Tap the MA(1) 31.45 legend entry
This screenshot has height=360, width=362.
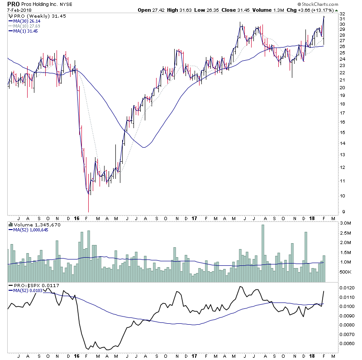point(25,31)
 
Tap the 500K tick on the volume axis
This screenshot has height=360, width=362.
point(346,272)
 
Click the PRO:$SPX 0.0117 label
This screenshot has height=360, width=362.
point(33,285)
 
